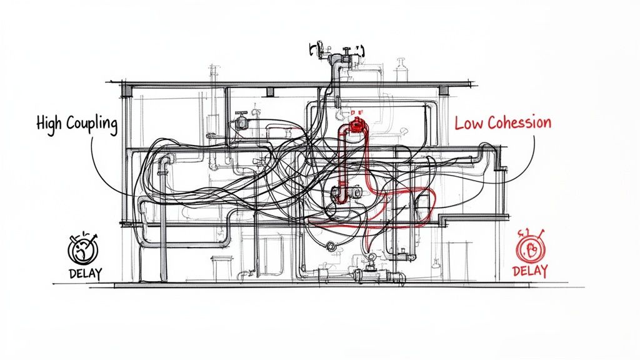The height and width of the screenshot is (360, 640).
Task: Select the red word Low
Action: [x=469, y=122]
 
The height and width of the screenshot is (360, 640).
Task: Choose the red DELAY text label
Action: [x=529, y=271]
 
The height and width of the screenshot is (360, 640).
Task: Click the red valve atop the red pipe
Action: [x=357, y=124]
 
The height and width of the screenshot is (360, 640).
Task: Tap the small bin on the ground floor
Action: [x=221, y=267]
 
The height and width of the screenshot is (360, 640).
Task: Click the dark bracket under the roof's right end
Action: [x=444, y=91]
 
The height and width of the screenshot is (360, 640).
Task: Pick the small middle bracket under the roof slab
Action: [x=270, y=92]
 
